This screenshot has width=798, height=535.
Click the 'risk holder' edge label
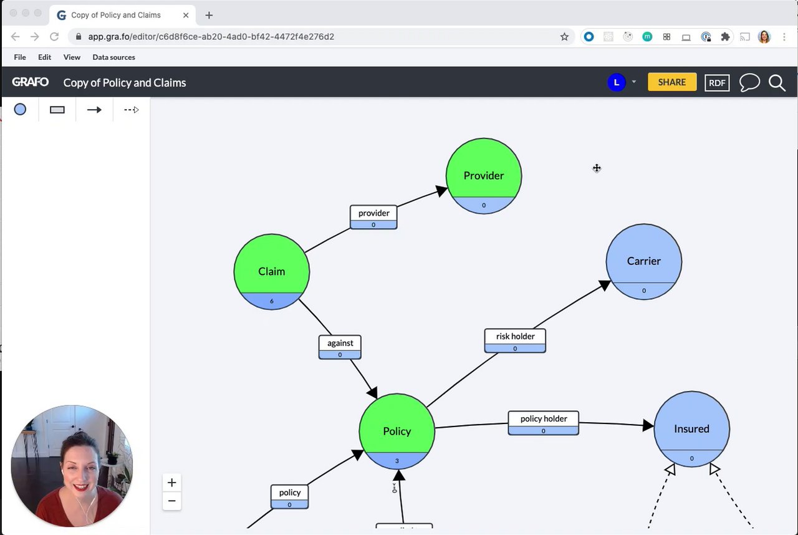(x=515, y=337)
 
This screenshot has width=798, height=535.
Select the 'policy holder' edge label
(x=543, y=419)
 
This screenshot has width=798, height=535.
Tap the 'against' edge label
(x=340, y=344)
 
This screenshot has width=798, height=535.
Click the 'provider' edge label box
(x=373, y=213)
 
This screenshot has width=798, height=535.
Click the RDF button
(x=717, y=83)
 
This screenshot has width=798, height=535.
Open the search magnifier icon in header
(x=777, y=83)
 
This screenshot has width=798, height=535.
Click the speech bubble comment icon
(x=749, y=83)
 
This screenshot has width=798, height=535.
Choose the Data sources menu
(x=113, y=57)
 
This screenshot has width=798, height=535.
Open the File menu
(x=20, y=57)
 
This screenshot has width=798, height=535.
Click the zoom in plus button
(x=172, y=483)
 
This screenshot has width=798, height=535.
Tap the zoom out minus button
(x=172, y=501)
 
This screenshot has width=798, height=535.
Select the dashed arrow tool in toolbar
(x=131, y=110)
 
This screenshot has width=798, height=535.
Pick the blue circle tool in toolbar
(x=20, y=110)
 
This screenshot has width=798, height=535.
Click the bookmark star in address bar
(x=564, y=37)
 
